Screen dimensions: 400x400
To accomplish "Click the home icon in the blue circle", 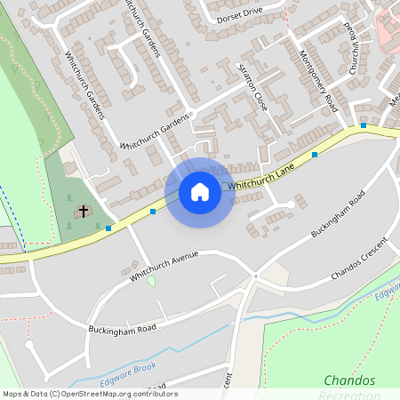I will [199, 192].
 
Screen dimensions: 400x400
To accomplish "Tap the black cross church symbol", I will [84, 212].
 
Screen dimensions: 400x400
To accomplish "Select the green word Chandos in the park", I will [349, 380].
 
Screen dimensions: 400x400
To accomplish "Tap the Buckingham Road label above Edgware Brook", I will [122, 329].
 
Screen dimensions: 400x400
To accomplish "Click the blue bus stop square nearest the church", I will [108, 228].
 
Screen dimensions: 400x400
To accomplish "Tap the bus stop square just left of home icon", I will [153, 212].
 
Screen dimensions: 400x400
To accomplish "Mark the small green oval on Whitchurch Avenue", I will [150, 281].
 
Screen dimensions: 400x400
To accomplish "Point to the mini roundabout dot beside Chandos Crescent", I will [254, 276].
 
